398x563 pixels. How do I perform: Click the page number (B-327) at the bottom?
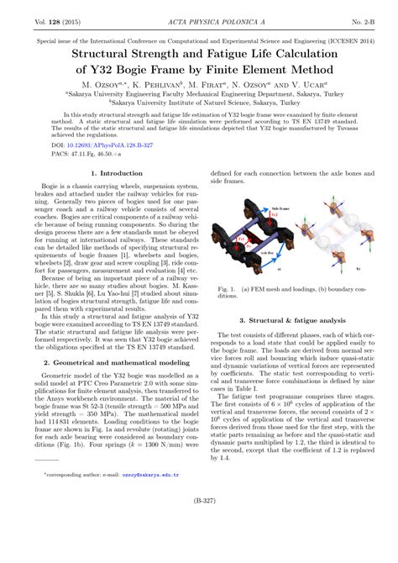pos(199,545)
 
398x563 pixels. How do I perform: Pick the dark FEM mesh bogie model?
pos(256,244)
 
